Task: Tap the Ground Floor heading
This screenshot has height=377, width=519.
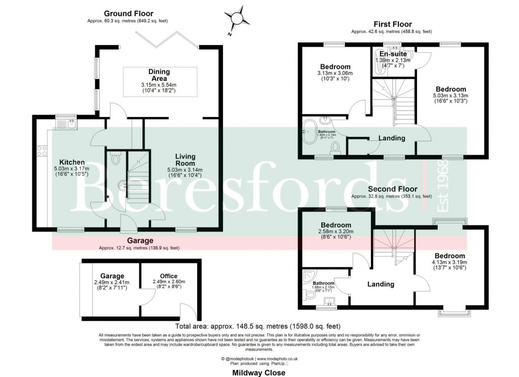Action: (128, 13)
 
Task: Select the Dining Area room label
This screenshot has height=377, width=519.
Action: (159, 75)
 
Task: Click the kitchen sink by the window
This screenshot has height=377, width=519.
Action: (64, 123)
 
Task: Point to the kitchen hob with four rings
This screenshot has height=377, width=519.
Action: (42, 150)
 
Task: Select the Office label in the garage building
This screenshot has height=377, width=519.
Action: (169, 276)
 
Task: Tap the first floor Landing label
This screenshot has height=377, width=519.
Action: (392, 138)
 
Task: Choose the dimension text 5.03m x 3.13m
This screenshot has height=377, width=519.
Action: (451, 95)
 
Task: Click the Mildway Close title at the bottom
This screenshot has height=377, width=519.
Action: (259, 372)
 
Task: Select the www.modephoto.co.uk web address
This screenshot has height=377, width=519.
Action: (275, 358)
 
